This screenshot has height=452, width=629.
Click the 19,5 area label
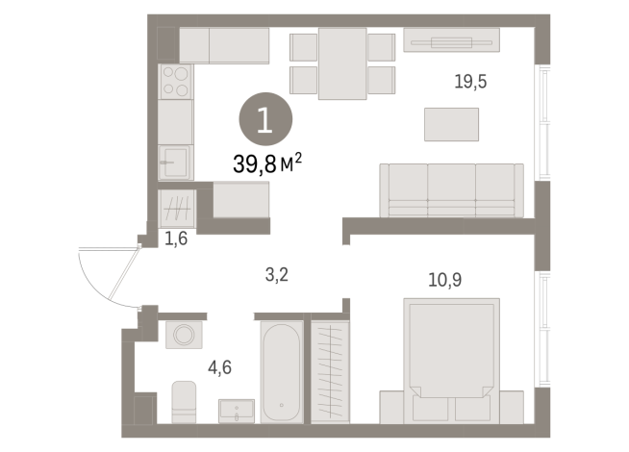tap(470, 82)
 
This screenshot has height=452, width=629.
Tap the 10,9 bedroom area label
tap(445, 280)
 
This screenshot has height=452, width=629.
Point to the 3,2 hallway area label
tap(277, 275)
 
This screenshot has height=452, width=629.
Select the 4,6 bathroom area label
tap(220, 367)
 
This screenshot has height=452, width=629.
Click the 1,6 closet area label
tap(176, 239)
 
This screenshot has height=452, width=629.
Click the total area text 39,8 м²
tap(267, 163)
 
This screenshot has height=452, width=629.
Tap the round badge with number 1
tap(265, 119)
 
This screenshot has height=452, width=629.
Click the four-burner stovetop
tap(176, 82)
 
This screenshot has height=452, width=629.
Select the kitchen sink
tap(176, 163)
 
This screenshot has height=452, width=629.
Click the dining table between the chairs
tap(342, 63)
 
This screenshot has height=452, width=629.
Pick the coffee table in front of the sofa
tap(451, 124)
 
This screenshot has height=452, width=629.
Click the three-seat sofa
tap(451, 190)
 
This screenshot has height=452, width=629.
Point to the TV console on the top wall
tap(451, 39)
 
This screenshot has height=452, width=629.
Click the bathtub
tap(282, 372)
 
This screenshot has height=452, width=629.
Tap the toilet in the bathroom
tap(184, 402)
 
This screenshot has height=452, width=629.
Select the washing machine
tap(184, 335)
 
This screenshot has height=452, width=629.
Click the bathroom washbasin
tap(237, 411)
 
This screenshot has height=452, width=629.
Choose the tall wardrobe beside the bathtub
tap(330, 372)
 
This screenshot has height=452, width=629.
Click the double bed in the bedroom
tap(451, 361)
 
